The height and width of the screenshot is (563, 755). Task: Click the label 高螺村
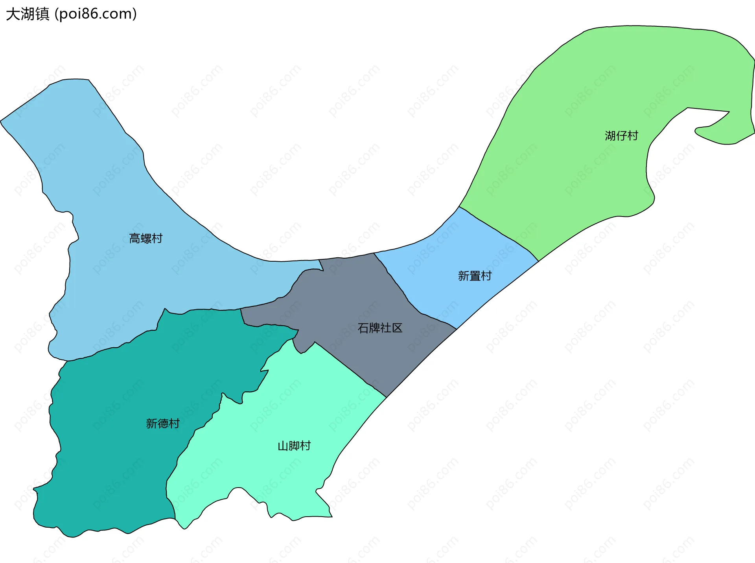pos(145,238)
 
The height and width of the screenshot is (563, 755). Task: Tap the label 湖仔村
pos(621,136)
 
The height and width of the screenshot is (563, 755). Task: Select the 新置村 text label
pos(475,276)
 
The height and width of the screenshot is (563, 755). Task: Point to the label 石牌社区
pos(380,328)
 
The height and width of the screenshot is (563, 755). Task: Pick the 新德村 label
pos(163,424)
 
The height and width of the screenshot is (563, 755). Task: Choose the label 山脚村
pos(294,446)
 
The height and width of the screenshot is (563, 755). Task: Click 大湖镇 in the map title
pos(28,14)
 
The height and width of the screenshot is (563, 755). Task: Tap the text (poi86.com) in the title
pos(96,14)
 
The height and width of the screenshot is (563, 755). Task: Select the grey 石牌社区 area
pos(354,299)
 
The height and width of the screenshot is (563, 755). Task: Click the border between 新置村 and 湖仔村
pos(499,234)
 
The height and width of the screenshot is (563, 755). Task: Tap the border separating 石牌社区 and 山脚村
pos(350,369)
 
